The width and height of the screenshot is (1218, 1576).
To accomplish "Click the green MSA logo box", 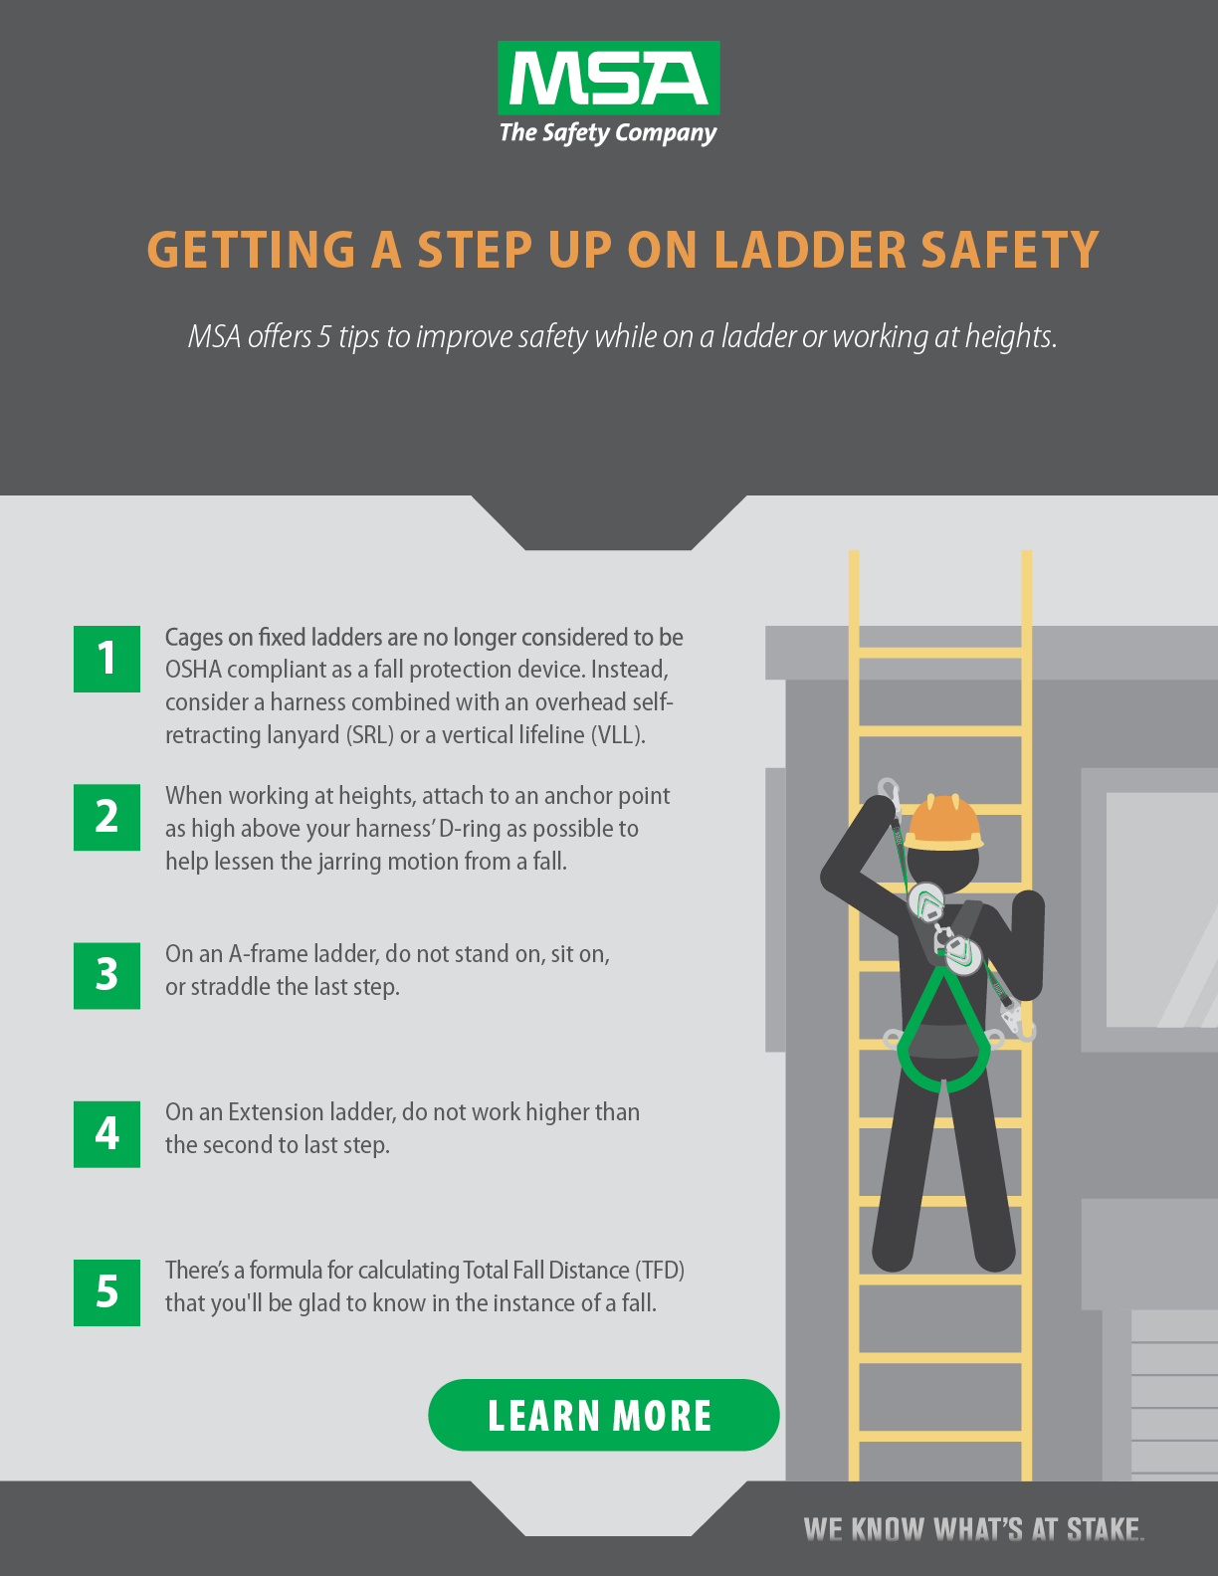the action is pos(609,78).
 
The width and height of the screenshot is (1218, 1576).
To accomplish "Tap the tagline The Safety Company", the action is pos(608,133).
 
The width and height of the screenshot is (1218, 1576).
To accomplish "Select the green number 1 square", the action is pos(106,659).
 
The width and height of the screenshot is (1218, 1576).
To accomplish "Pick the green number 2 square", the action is pos(106,818).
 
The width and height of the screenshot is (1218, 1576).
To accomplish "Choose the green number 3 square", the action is pos(106,975).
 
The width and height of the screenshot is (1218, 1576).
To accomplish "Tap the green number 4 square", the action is pos(106,1134).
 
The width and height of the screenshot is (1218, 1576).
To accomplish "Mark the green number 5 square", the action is pos(106,1292).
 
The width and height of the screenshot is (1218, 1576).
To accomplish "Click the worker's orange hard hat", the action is pos(943,823).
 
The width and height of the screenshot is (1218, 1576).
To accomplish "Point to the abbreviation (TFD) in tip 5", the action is pos(660,1271).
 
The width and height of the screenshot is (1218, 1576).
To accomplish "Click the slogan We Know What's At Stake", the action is pos(973,1529).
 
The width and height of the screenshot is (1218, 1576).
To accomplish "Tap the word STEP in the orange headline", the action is pos(475,250).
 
